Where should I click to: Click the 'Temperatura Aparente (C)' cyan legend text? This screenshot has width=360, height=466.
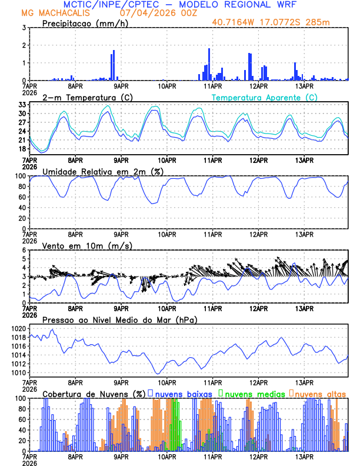point(265,97)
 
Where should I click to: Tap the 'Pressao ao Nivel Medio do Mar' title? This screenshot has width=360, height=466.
point(120,319)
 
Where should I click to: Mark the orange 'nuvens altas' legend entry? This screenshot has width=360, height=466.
point(320,394)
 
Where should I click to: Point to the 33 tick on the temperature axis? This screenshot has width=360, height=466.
point(22,105)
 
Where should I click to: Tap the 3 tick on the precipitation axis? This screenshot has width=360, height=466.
point(24,28)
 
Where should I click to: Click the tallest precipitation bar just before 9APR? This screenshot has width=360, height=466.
point(114,65)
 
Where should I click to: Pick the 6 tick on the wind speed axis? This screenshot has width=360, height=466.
point(24,250)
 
